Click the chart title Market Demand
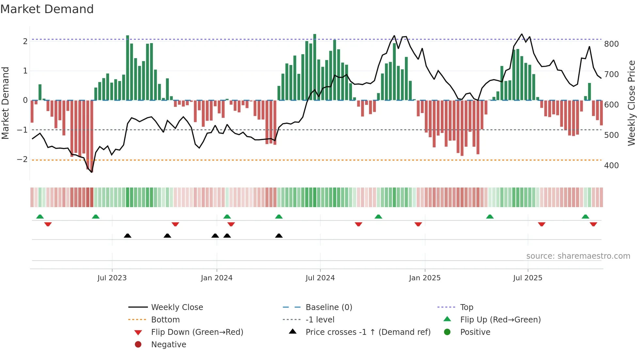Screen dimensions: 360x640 47,9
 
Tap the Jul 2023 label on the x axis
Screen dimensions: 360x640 112,278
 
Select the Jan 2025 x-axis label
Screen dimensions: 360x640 424,278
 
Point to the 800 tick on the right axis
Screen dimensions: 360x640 611,44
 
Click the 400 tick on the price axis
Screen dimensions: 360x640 611,166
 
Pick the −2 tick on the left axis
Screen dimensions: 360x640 22,159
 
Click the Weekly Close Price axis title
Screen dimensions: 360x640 632,103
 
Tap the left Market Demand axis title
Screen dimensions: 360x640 5,103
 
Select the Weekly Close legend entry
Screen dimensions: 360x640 177,307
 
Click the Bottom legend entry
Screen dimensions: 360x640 165,320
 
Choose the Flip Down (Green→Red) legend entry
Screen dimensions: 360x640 197,332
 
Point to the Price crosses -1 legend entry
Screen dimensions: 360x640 368,332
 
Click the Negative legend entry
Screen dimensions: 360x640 168,345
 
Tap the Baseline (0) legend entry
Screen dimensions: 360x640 328,307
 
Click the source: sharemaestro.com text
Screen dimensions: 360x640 578,256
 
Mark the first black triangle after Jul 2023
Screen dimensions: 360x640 128,236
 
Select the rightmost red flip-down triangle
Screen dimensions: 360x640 593,224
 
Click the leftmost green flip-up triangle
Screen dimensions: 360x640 40,217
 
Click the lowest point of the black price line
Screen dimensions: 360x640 92,172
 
